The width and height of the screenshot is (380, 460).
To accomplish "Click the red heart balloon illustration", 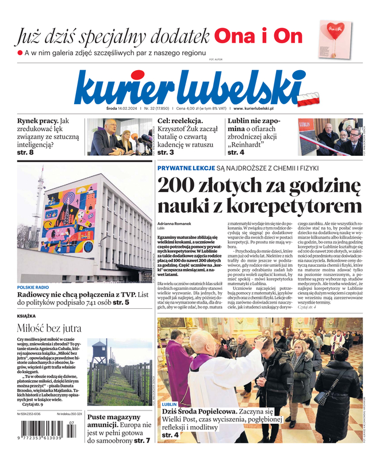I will tap(336, 29).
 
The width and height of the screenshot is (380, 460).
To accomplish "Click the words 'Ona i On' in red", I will tap(258, 36).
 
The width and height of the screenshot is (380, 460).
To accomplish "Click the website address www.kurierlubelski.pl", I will tap(254, 108).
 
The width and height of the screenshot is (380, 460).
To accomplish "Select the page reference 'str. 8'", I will tap(26, 152).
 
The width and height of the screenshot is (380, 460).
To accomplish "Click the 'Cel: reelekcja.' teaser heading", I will tap(180, 121).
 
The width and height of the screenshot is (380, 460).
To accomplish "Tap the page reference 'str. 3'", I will tap(166, 152).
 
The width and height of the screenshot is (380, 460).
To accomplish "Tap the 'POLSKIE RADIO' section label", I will tap(33, 287).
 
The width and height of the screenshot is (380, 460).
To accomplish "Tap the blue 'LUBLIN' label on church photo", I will tap(170, 405).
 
